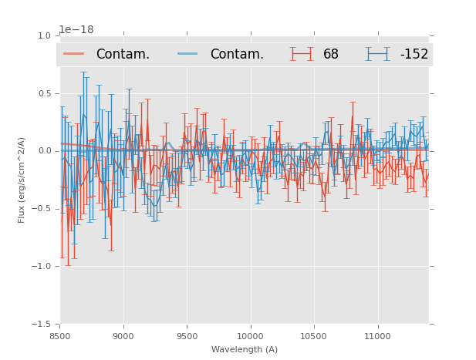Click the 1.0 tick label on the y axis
(x=43, y=35)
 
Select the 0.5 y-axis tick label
(x=43, y=93)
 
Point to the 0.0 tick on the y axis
(x=43, y=151)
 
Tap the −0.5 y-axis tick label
(x=42, y=209)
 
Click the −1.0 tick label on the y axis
(x=42, y=267)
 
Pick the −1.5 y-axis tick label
(x=42, y=325)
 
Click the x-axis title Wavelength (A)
(x=245, y=349)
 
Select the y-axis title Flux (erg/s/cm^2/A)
(x=22, y=180)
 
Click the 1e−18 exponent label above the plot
(x=76, y=30)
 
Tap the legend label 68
(x=331, y=54)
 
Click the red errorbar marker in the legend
(x=302, y=54)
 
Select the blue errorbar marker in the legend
(x=378, y=54)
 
